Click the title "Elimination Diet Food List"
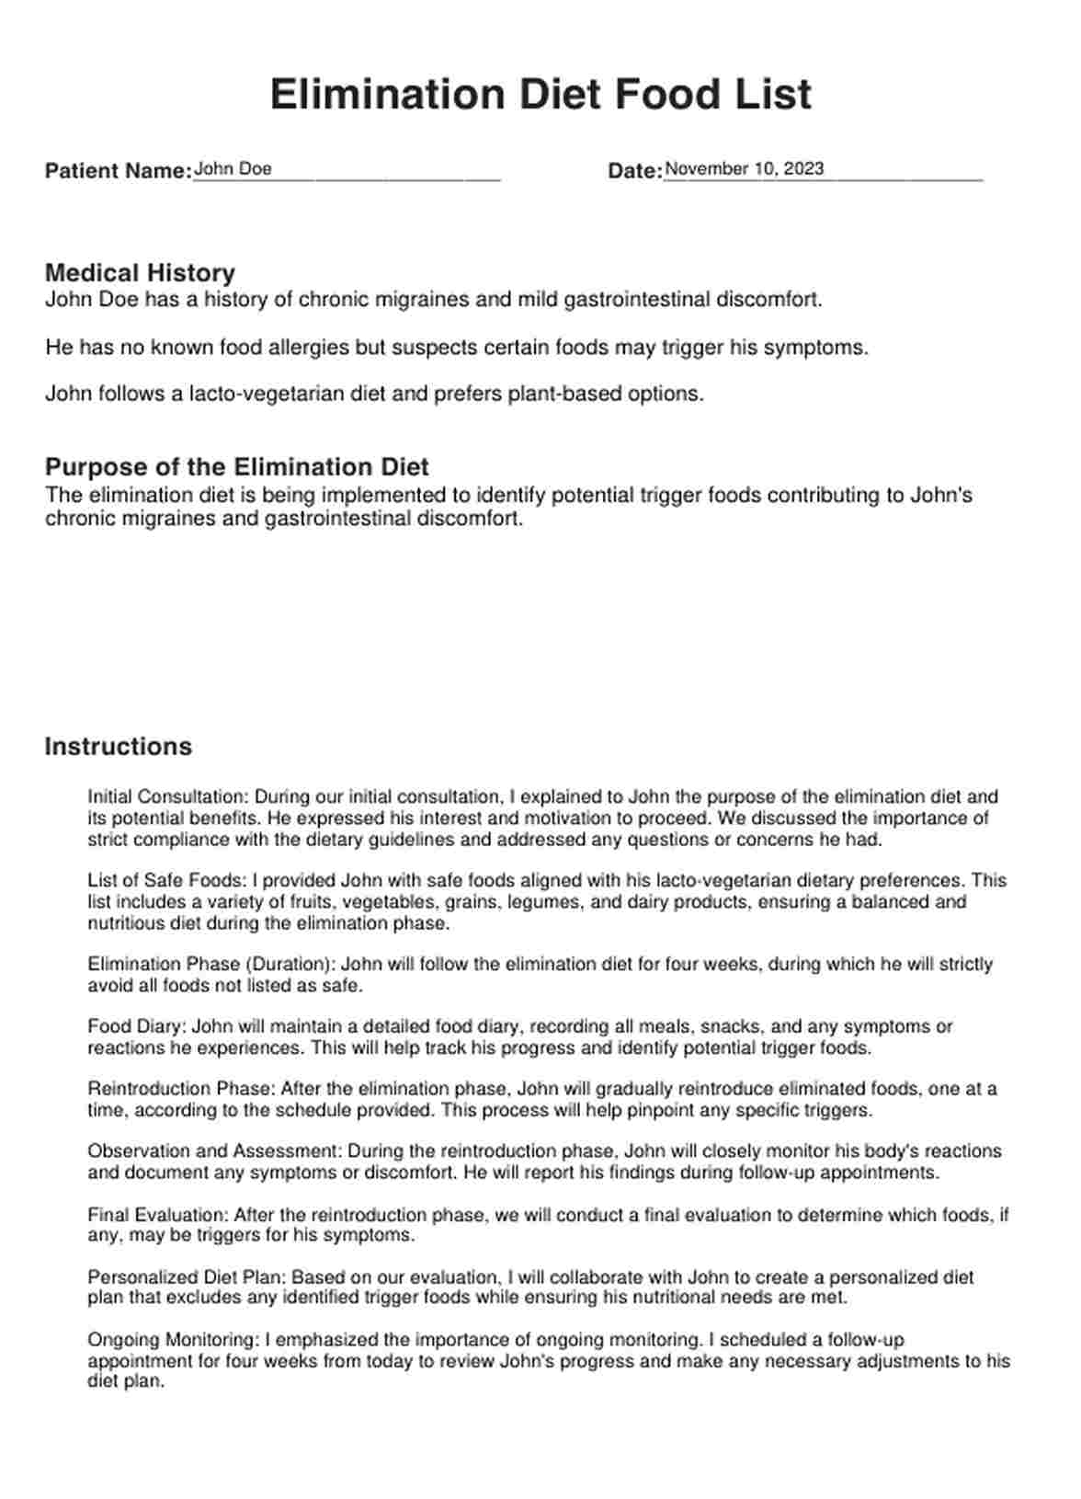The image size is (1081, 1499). [x=540, y=95]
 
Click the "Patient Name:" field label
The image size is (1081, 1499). [x=118, y=171]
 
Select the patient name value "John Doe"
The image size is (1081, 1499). [x=233, y=169]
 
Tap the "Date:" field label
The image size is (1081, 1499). [x=634, y=171]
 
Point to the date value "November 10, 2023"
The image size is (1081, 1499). [x=744, y=169]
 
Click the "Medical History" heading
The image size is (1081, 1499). [x=140, y=273]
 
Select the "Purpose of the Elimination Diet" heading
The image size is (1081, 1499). [x=237, y=466]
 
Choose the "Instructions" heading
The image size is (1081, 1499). [x=118, y=747]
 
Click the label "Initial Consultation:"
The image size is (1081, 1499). [x=168, y=797]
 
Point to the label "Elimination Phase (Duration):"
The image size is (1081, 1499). [x=212, y=965]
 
